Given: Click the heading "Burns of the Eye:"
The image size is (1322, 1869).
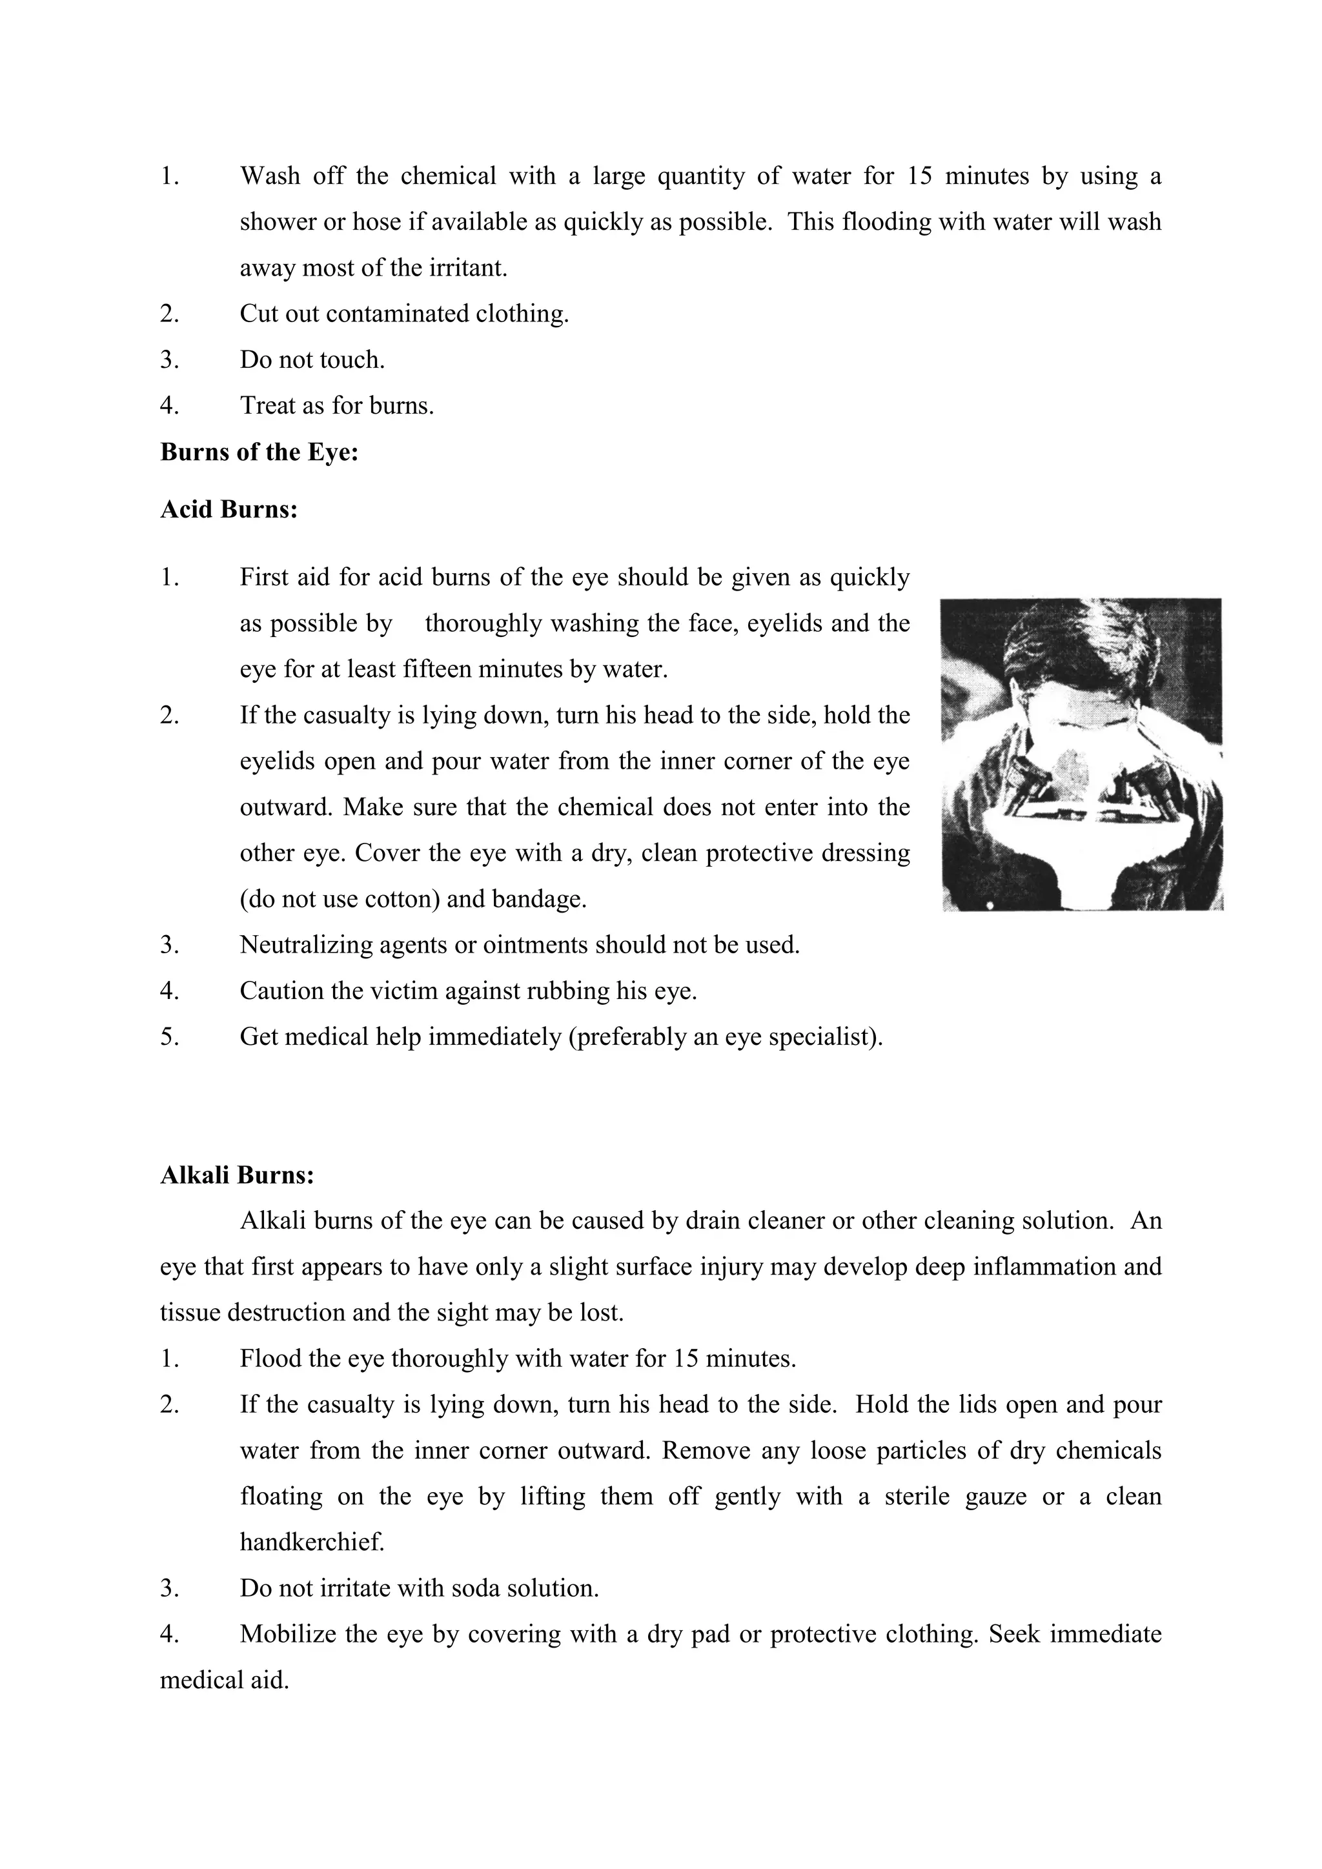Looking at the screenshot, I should click(259, 452).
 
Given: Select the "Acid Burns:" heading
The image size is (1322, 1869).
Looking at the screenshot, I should click(229, 510).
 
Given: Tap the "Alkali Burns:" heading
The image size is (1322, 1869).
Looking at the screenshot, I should click(237, 1175).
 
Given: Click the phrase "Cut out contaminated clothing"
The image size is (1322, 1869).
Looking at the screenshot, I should click(403, 314).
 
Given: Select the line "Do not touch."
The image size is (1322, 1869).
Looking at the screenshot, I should click(312, 360).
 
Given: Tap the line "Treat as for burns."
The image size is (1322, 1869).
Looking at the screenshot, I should click(336, 405).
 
